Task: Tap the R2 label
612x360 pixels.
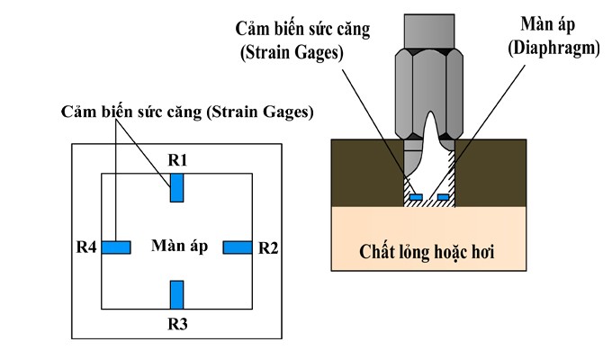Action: tap(268, 247)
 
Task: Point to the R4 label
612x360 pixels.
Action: tap(86, 247)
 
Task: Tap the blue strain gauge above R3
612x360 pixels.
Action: tap(177, 294)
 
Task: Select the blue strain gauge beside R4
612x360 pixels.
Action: tap(116, 247)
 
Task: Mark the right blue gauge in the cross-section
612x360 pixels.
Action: tap(442, 196)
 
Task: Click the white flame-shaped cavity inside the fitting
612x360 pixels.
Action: tap(429, 153)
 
